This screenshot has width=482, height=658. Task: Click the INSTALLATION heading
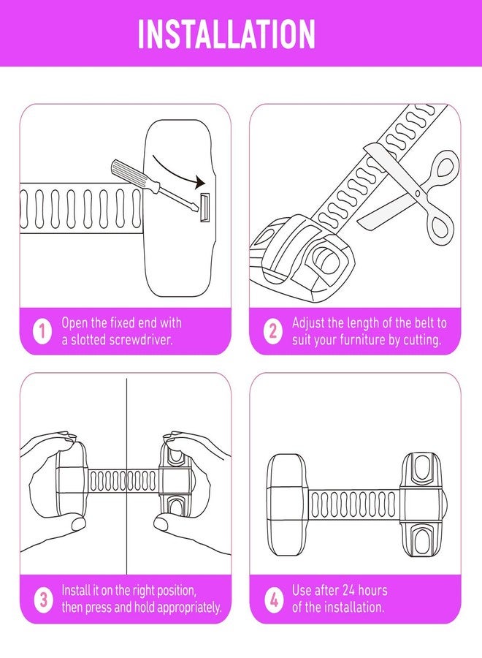click(x=226, y=34)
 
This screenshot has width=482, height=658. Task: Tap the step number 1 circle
click(x=42, y=331)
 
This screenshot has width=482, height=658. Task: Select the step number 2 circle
click(x=272, y=331)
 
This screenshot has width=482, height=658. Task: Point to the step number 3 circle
click(x=43, y=599)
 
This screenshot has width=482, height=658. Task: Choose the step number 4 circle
click(x=274, y=599)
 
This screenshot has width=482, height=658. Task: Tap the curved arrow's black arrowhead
click(x=199, y=183)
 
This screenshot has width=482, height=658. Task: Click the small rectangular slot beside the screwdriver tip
click(x=204, y=208)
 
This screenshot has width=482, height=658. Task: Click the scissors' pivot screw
click(x=418, y=192)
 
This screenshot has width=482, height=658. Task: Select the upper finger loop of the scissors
click(x=443, y=167)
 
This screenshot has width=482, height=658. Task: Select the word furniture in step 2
click(x=362, y=339)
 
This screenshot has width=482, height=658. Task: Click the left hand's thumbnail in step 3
click(x=78, y=523)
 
